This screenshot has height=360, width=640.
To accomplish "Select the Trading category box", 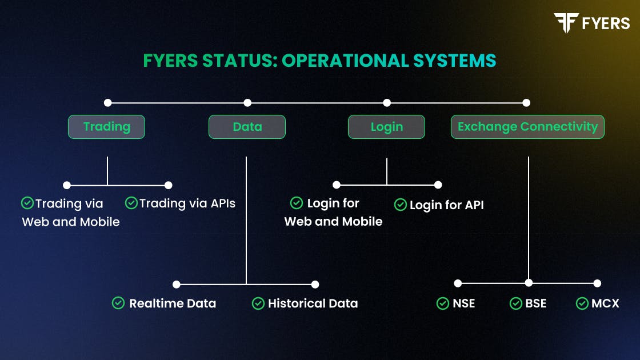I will pos(106,127).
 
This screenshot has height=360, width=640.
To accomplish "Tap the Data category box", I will pos(247,127).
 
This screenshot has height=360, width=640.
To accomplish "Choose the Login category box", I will pos(386,127).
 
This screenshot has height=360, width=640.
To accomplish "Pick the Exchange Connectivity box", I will pos(527,127).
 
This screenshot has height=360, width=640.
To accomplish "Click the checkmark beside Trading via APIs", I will pos(131,203).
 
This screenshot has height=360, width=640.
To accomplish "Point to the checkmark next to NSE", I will pos(442,303).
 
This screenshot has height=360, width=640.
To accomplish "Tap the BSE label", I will pos(536,303).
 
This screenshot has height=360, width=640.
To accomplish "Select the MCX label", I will pos(605,303).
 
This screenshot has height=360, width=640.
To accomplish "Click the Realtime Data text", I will pos(173,303).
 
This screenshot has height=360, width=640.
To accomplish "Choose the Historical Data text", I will pos(313,303).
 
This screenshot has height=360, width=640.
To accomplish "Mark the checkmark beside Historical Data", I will pos(258,303).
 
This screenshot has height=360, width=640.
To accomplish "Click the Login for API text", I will pos(447,205).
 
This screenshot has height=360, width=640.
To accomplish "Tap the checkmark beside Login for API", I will pos(400,205).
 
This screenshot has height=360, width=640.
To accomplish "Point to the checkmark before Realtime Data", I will pos(118,303).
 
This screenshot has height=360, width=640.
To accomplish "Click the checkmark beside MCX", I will pos(582,303).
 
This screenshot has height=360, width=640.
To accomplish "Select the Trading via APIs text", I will pos(187,203).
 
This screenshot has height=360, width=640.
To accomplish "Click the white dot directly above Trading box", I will pos(107,103).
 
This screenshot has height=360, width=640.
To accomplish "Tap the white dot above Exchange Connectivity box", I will pos(526,103).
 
